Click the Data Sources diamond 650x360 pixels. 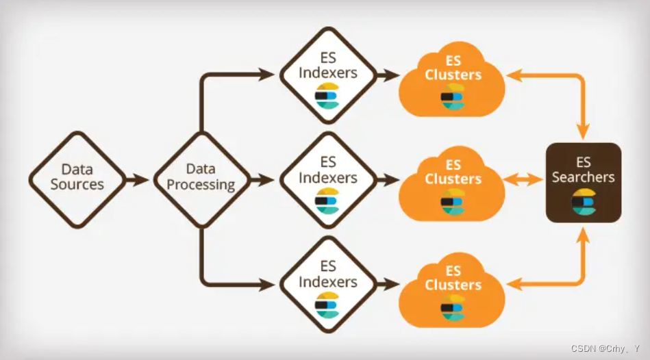[77, 179]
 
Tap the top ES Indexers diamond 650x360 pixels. [329, 75]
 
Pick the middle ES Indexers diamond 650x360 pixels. [329, 180]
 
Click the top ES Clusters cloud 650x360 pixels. [453, 79]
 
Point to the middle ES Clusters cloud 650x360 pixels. [453, 183]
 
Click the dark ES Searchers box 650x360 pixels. [584, 182]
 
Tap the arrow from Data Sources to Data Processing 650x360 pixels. [137, 180]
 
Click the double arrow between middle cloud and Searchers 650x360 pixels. [525, 180]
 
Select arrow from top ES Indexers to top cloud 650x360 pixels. [389, 75]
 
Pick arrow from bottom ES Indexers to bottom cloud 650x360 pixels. [389, 283]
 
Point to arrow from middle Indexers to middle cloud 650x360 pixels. [389, 180]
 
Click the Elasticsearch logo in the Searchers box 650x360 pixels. [584, 202]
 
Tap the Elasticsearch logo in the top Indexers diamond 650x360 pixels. [327, 96]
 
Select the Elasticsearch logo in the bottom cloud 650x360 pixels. [452, 307]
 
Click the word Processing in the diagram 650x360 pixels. [201, 185]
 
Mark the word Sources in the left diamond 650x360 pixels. [77, 185]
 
